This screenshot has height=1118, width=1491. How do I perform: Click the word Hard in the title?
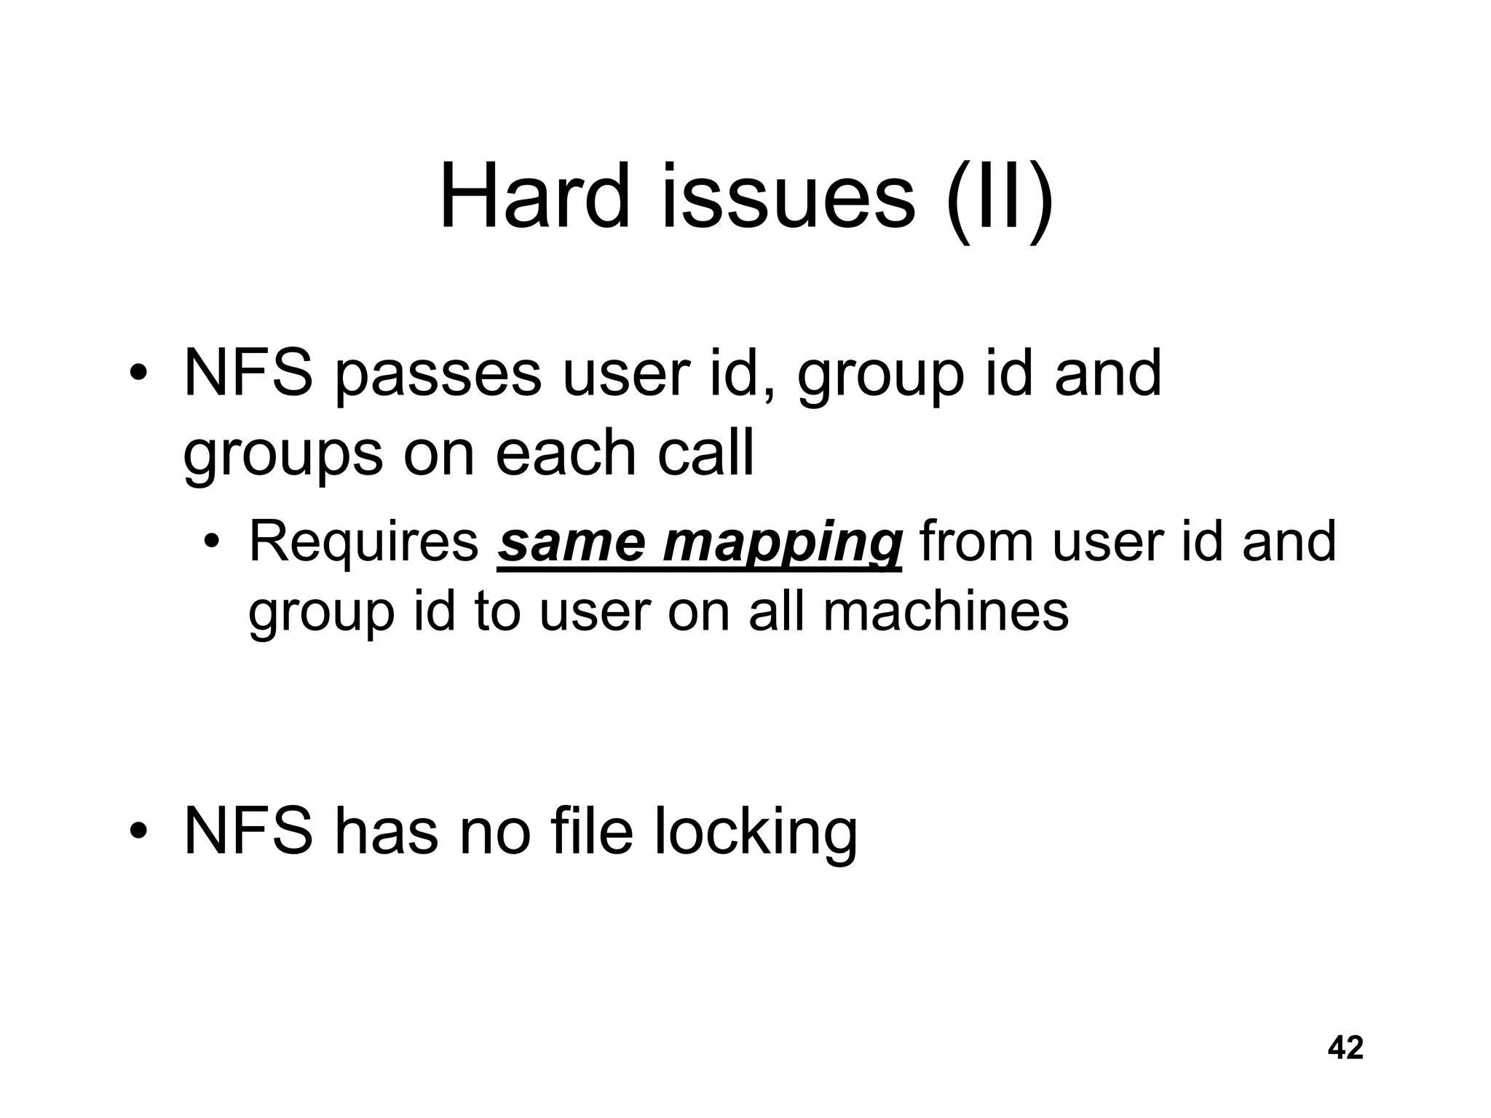[534, 197]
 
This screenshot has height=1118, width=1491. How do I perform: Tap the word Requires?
[363, 543]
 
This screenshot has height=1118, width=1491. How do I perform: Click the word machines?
[946, 611]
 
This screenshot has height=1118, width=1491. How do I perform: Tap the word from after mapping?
[977, 543]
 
